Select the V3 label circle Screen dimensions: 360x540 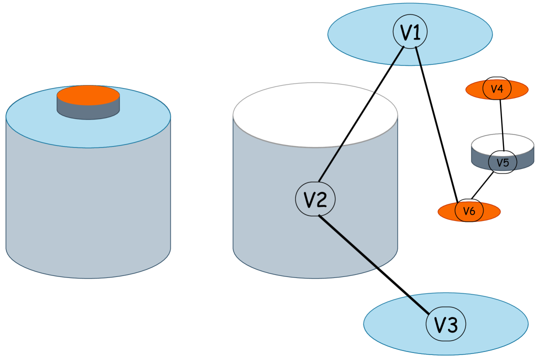pyautogui.click(x=445, y=324)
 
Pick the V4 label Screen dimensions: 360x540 pyautogui.click(x=497, y=89)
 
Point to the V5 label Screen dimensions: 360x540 pyautogui.click(x=502, y=162)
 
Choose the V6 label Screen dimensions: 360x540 pyautogui.click(x=468, y=211)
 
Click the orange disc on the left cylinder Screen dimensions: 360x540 pyautogui.click(x=88, y=95)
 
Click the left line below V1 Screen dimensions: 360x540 pyautogui.click(x=397, y=56)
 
